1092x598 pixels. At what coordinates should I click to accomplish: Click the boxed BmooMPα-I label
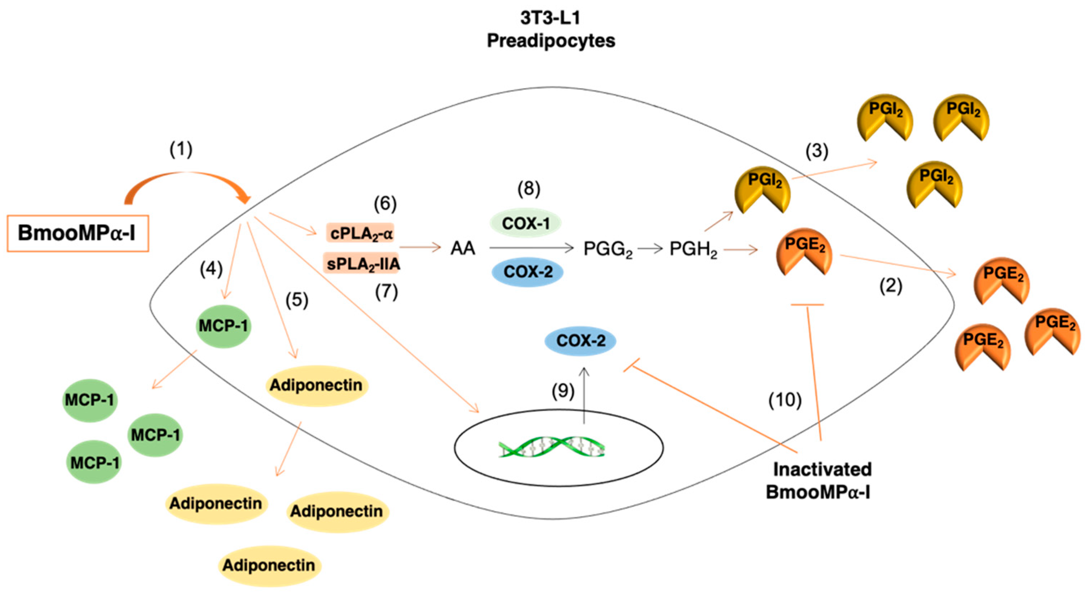coord(78,233)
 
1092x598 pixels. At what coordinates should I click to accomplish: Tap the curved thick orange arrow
coord(187,180)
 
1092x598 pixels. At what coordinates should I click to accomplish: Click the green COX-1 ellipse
coord(526,223)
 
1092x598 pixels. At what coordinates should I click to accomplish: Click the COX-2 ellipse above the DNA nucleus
coord(581,341)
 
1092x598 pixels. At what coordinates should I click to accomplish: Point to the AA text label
coord(463,248)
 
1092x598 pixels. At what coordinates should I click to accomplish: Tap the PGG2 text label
coord(607,249)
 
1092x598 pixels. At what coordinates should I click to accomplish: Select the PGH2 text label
coord(693,249)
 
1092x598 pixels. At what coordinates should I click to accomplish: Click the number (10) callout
coord(785,400)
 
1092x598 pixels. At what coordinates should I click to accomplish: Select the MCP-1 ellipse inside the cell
coord(224,326)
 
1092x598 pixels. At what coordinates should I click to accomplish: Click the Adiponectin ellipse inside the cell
coord(316,385)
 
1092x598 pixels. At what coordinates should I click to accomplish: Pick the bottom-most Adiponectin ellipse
coord(269,565)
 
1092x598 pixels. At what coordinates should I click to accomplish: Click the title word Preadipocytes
coord(551,41)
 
